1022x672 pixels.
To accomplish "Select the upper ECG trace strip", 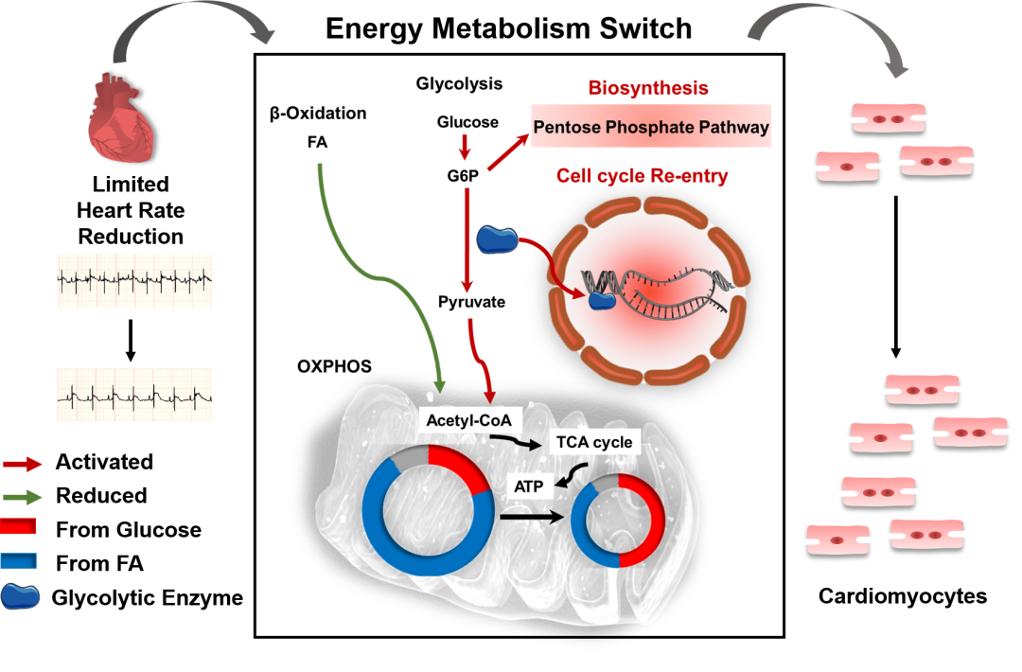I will click(x=134, y=280).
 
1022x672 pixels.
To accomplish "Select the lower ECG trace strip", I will click(x=134, y=395).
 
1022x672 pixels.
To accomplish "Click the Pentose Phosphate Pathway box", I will click(x=650, y=127).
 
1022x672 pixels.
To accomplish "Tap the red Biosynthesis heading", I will click(x=648, y=89).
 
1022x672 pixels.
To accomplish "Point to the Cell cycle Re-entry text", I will click(x=642, y=177).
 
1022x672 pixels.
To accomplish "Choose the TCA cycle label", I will click(x=593, y=442).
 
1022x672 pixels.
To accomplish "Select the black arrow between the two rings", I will click(x=532, y=517).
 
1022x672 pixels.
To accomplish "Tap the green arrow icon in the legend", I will click(x=23, y=496).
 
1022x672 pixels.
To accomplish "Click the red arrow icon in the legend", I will click(x=23, y=464).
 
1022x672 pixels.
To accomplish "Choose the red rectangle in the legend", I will click(x=19, y=527).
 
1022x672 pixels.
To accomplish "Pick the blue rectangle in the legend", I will click(x=19, y=560).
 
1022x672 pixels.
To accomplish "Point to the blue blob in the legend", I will click(x=20, y=595).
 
